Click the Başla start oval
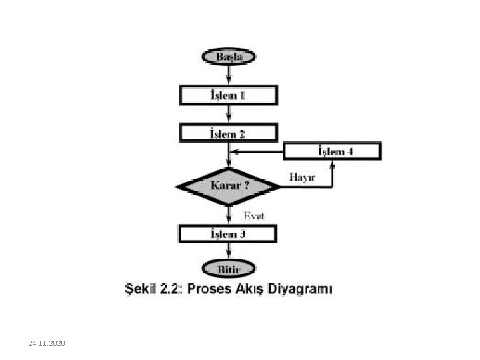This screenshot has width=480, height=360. [228, 57]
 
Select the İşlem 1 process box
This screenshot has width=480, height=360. [228, 95]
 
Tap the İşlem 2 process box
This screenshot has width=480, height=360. [228, 133]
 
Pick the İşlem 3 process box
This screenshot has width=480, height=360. [228, 234]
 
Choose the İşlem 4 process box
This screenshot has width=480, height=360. [333, 151]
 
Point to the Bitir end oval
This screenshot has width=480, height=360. [228, 269]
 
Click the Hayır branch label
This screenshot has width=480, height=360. [303, 177]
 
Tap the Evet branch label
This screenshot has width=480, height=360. [253, 215]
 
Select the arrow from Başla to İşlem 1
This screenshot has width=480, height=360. [228, 75]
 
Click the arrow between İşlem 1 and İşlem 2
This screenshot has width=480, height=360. [228, 114]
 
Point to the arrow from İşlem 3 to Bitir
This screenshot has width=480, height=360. [228, 252]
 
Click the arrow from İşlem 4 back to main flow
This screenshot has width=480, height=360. [257, 151]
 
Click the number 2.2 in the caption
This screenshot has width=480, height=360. [174, 289]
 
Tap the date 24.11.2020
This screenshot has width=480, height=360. [47, 343]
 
